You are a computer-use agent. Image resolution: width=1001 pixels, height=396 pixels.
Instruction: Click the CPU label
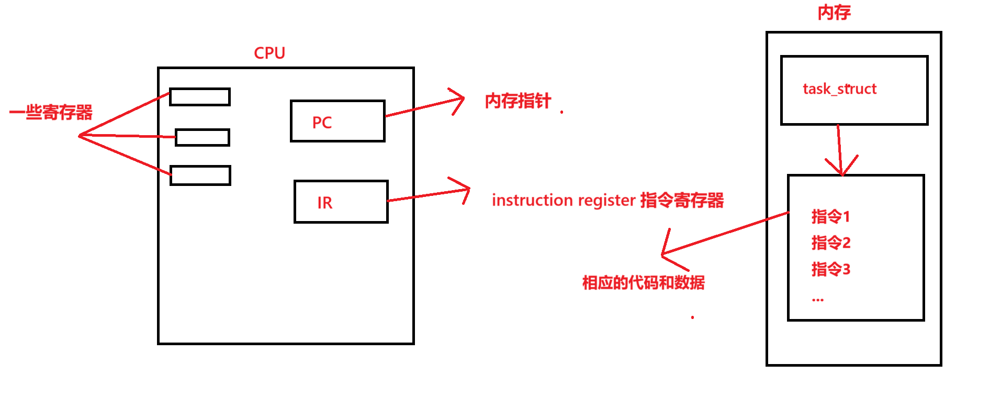[x=269, y=53]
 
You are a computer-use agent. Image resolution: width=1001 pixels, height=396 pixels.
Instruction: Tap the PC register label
[x=322, y=123]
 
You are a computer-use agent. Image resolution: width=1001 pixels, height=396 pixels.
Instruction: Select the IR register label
[x=324, y=203]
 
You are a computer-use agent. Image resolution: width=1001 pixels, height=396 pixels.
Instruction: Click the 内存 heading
[x=834, y=13]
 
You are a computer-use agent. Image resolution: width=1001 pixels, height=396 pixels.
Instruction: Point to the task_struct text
[x=839, y=89]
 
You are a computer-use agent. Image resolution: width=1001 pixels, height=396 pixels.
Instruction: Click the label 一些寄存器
[x=51, y=112]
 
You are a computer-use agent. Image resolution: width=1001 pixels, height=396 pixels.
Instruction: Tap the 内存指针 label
[x=518, y=101]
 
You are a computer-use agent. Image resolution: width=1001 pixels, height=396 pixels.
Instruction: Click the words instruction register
[x=564, y=200]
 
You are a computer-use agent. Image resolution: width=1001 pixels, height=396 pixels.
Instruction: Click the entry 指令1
[x=830, y=216]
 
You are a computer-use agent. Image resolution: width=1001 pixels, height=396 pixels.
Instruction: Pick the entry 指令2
[x=831, y=243]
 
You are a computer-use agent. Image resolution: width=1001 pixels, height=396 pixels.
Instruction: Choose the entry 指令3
[x=831, y=270]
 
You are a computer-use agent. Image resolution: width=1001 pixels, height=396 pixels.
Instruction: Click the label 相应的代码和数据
[x=644, y=283]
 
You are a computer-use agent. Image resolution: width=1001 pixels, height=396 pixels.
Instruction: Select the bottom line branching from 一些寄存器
[x=126, y=155]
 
